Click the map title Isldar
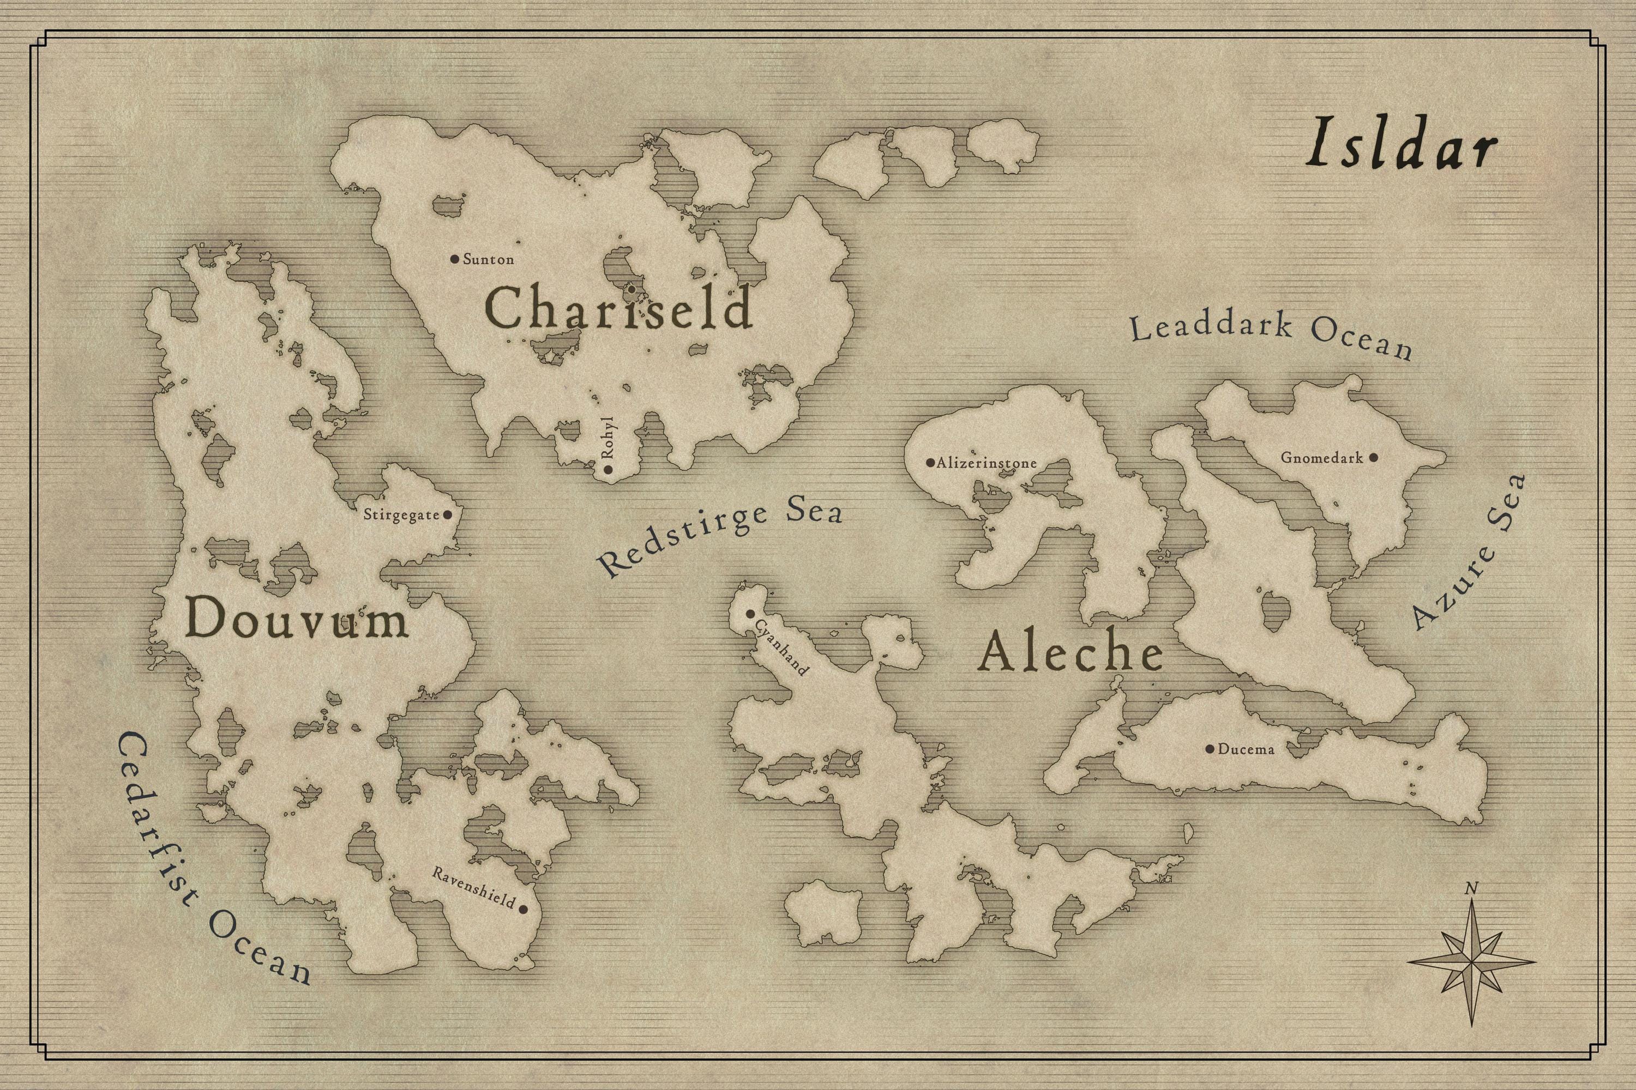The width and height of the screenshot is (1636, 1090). tap(1401, 151)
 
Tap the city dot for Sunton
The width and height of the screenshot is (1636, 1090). tap(454, 259)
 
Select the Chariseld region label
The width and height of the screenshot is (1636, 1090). tap(618, 308)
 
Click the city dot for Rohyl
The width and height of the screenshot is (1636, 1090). tap(609, 470)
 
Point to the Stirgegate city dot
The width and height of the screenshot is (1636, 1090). tap(447, 515)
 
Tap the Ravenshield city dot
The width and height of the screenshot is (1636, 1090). tap(523, 909)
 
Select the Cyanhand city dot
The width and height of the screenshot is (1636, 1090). tap(750, 614)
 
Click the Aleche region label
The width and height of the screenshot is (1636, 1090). tap(1070, 653)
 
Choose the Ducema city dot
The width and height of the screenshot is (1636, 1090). tap(1210, 749)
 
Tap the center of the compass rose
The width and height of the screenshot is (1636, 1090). tap(1471, 963)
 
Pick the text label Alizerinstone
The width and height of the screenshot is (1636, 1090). tap(987, 463)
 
